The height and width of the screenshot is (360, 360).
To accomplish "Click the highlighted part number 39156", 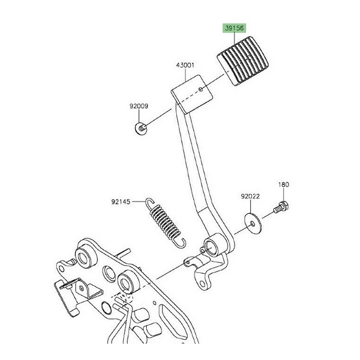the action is [234, 28].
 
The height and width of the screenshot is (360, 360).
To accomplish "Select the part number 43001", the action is [185, 65].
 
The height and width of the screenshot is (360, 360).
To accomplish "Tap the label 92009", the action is [139, 106].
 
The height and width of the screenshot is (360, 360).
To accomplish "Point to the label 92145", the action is [121, 202].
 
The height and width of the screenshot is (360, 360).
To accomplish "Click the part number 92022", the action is [250, 196].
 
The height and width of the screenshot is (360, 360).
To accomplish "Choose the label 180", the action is [284, 184].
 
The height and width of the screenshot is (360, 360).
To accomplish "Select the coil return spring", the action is [165, 223].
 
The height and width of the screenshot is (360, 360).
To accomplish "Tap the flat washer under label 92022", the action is [253, 223].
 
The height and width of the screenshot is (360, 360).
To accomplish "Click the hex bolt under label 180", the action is [281, 207].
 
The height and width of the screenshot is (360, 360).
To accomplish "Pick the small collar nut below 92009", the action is [141, 128].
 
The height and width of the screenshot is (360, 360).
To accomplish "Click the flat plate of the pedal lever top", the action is [191, 94].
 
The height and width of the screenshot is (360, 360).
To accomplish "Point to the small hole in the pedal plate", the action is [201, 89].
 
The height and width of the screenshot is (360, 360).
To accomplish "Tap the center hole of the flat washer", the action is [253, 224].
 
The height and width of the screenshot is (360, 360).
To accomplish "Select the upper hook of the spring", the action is [149, 202].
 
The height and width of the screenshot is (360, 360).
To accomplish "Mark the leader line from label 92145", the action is [138, 201].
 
